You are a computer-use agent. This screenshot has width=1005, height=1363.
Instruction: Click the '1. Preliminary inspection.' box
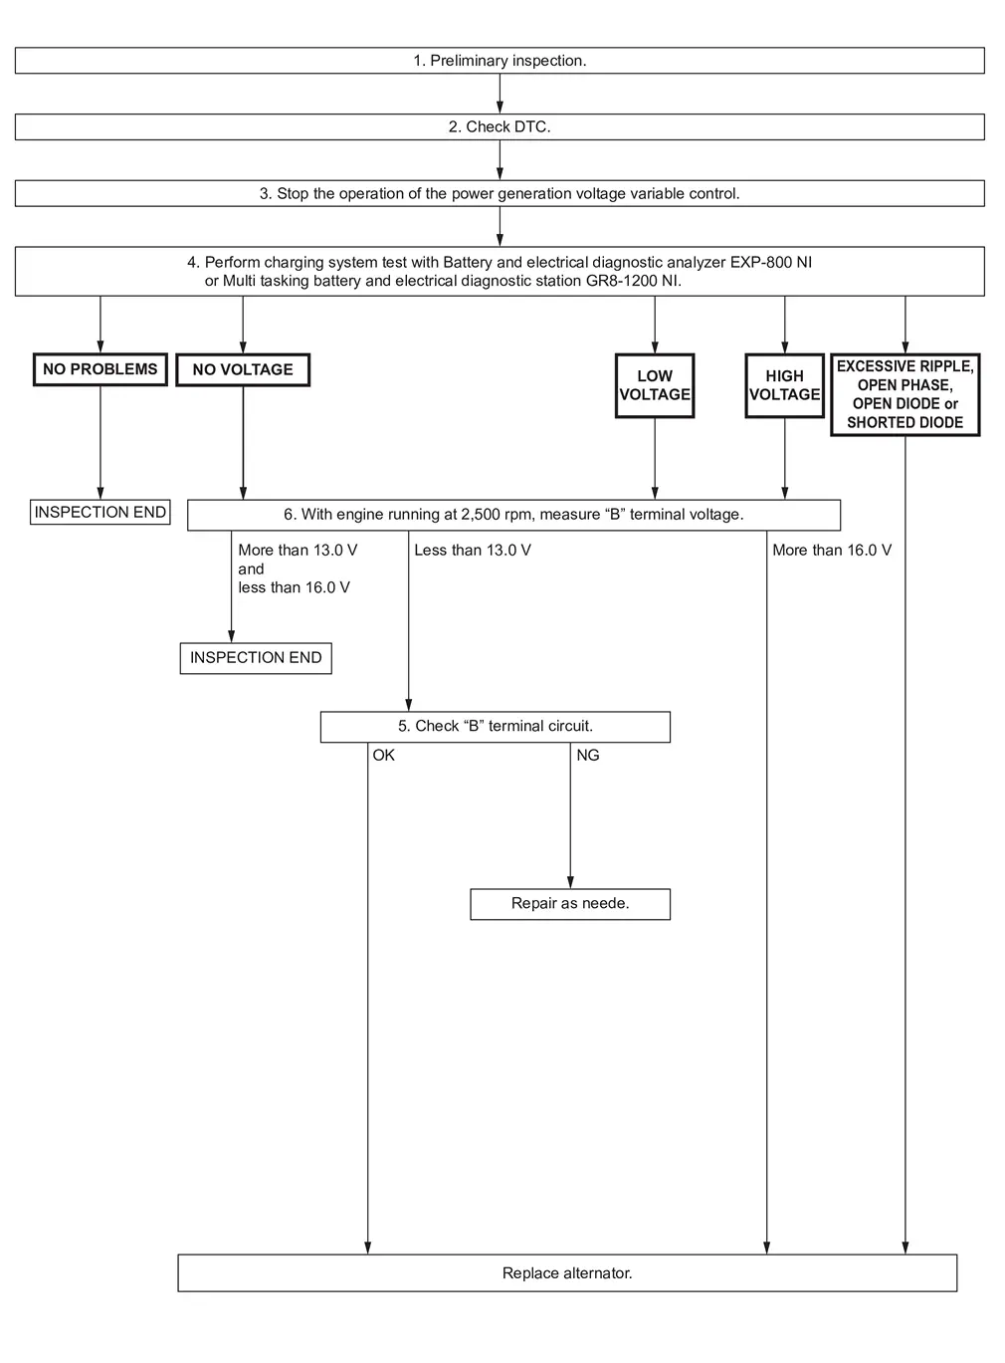click(500, 60)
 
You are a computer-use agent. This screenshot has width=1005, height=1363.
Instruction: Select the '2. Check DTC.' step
click(500, 126)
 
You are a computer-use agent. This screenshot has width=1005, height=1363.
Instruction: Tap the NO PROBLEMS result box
click(100, 369)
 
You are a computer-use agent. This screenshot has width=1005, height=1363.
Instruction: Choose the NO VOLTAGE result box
click(243, 370)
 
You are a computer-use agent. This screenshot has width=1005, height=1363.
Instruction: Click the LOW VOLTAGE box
click(655, 385)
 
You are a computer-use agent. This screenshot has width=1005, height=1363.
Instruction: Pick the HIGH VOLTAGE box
click(784, 385)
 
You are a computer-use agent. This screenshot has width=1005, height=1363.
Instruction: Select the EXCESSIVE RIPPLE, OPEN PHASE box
click(904, 394)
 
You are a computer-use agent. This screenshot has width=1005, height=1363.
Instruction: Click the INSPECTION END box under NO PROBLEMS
click(100, 512)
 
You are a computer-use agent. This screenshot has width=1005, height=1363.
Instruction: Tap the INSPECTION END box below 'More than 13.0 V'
click(256, 658)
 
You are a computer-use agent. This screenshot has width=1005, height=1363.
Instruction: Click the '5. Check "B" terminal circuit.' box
click(496, 727)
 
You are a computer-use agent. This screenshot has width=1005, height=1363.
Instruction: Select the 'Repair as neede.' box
click(570, 904)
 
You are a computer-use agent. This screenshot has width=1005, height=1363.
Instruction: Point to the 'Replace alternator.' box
click(567, 1272)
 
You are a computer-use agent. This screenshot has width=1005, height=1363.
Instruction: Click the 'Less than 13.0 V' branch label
click(473, 550)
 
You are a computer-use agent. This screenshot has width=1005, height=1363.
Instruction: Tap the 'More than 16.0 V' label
click(832, 550)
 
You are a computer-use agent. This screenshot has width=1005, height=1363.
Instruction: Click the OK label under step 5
click(383, 756)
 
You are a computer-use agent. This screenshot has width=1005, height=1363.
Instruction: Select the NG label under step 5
click(588, 756)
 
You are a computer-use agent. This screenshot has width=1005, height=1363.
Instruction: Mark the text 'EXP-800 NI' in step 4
click(771, 263)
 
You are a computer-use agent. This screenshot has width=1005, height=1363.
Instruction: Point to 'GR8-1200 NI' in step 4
click(633, 281)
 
